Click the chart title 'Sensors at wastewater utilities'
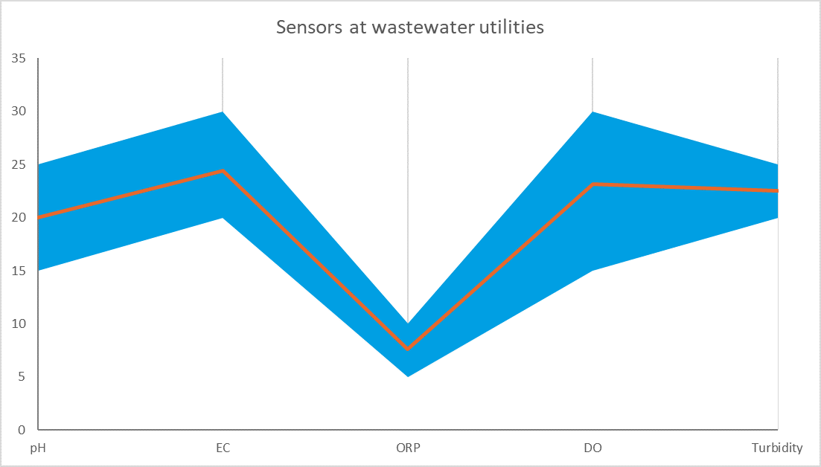[x=410, y=28]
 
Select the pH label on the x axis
[x=37, y=448]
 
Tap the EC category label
[x=223, y=448]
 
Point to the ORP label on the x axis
[x=408, y=448]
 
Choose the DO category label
[x=592, y=448]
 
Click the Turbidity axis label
[x=776, y=448]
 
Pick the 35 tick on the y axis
[x=19, y=58]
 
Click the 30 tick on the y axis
[x=19, y=112]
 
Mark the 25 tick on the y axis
[x=19, y=164]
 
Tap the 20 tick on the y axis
[x=19, y=217]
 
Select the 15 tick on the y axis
[x=19, y=271]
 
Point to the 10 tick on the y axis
[x=19, y=323]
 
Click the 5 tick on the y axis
[x=22, y=376]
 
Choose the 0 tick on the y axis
[x=22, y=430]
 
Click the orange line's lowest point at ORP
[x=408, y=349]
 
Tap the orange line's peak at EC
[x=223, y=171]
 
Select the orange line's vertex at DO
[x=592, y=184]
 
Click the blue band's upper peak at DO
[x=592, y=112]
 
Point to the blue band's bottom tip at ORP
[x=408, y=376]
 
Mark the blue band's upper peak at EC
[x=223, y=112]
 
